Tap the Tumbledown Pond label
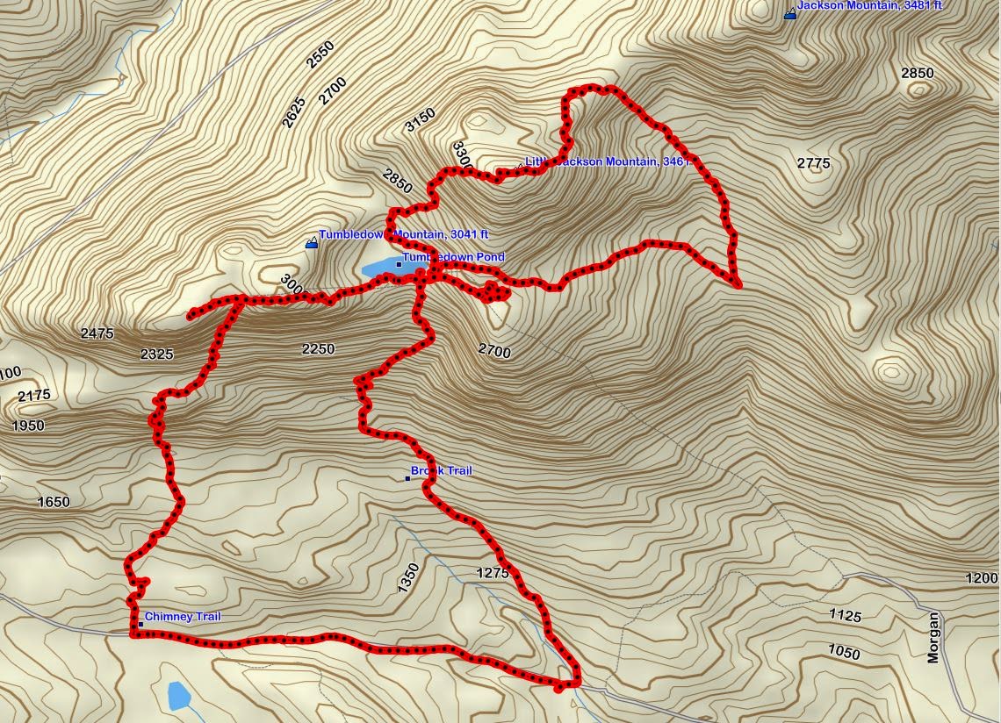pos(453,258)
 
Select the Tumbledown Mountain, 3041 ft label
pos(403,235)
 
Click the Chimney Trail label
pos(183,617)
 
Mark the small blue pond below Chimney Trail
pos(178,696)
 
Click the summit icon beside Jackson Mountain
pos(789,13)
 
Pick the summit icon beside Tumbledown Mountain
pos(311,243)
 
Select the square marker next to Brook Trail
pos(407,478)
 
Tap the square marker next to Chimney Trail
pos(140,624)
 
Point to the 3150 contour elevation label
pos(420,120)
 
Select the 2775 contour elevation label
pos(813,163)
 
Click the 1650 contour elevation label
pos(54,503)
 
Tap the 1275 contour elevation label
pos(492,574)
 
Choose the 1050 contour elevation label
pos(844,653)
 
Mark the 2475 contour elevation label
pos(97,333)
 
